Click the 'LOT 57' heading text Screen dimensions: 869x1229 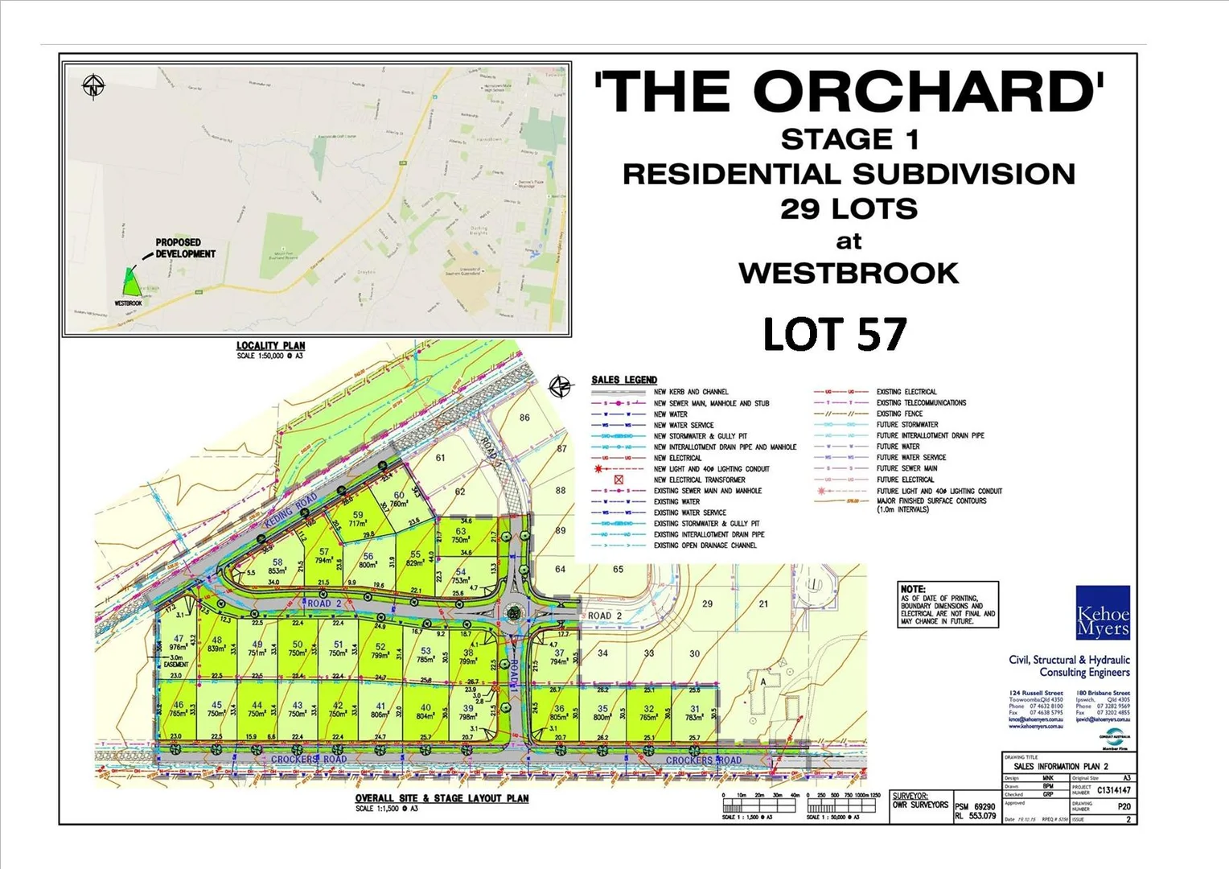tap(834, 335)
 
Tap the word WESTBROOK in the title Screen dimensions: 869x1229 tap(849, 274)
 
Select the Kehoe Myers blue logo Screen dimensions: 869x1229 tap(1103, 613)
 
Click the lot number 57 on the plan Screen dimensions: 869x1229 tap(324, 552)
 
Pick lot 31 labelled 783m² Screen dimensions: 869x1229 tap(694, 714)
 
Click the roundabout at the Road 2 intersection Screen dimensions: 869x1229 tap(512, 614)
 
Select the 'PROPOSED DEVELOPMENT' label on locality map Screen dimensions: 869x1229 tap(185, 248)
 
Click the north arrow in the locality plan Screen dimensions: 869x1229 tap(94, 85)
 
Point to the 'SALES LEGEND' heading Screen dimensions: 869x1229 tap(624, 380)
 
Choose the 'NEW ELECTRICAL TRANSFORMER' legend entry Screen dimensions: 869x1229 tap(699, 480)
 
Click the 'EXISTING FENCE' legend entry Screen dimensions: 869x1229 tap(899, 414)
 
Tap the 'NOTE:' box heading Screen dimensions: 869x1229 tap(913, 589)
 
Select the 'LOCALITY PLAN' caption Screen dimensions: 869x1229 tap(270, 346)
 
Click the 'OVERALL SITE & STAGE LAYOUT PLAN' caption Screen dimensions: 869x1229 tap(442, 798)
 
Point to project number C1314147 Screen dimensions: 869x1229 tap(1113, 790)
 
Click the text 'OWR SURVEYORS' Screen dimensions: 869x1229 tap(920, 805)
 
